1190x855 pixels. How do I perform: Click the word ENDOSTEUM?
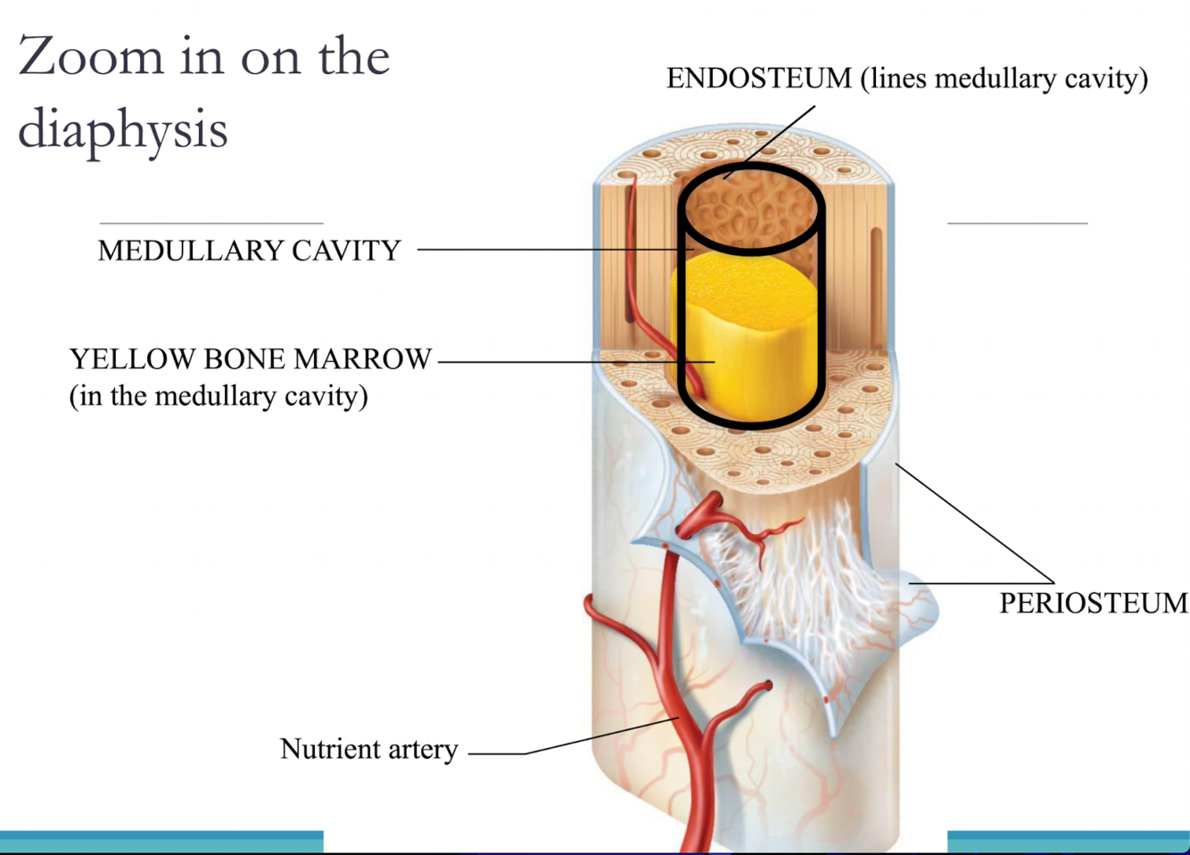(x=759, y=78)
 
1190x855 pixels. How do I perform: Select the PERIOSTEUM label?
(x=1093, y=603)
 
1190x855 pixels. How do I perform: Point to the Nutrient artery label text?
(x=368, y=749)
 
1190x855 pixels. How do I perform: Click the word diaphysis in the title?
(x=123, y=130)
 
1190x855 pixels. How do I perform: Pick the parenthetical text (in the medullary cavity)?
(x=219, y=396)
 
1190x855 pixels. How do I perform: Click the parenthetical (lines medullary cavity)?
(x=1004, y=78)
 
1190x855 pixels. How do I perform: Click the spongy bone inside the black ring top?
(x=749, y=210)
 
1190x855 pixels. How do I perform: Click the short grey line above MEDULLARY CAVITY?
(x=211, y=223)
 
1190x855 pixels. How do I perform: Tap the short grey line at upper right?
(x=1017, y=223)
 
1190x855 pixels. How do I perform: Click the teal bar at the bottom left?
(x=161, y=842)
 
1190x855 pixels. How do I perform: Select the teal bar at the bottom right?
(x=1068, y=842)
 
